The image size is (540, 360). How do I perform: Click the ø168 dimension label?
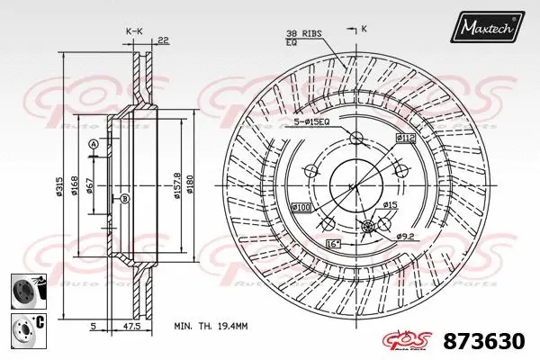(x=76, y=185)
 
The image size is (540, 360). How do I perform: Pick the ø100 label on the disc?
(x=300, y=209)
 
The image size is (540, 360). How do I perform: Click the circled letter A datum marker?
(x=92, y=145)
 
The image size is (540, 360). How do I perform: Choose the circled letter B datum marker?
(x=125, y=198)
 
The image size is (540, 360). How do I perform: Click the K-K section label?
(x=133, y=31)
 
